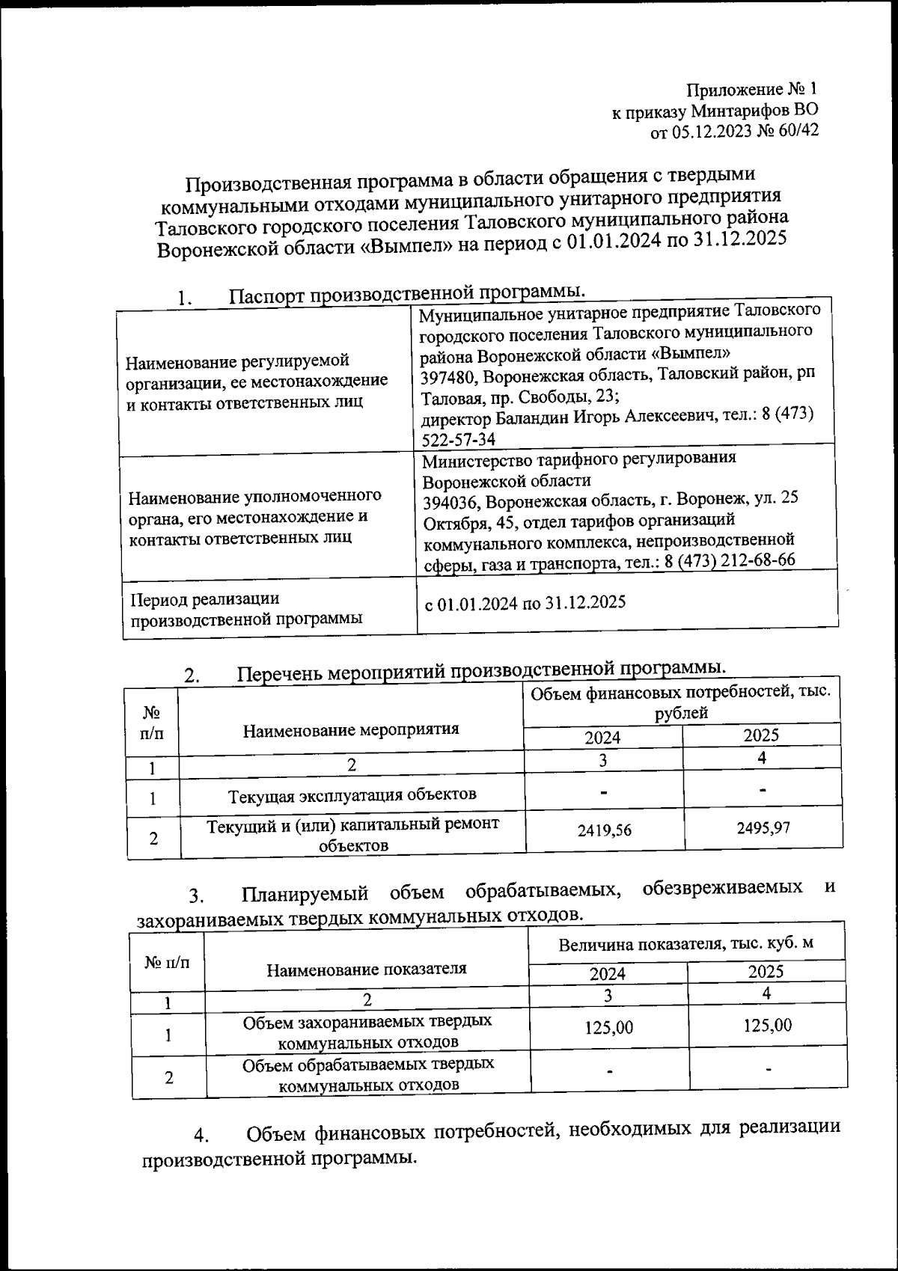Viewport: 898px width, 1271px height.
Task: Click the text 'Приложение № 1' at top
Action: click(753, 91)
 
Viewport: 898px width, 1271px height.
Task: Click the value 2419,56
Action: click(603, 830)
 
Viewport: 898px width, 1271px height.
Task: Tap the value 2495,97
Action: click(763, 827)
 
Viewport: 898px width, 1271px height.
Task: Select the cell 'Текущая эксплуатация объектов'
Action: click(352, 794)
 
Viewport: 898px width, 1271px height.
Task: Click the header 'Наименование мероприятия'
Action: click(351, 729)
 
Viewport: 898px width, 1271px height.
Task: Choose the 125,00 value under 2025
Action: click(768, 1025)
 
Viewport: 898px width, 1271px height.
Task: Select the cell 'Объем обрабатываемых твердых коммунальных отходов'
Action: click(367, 1074)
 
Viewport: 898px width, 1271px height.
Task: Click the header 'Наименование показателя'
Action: click(366, 969)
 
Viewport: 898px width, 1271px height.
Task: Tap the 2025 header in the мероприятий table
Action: click(761, 735)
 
